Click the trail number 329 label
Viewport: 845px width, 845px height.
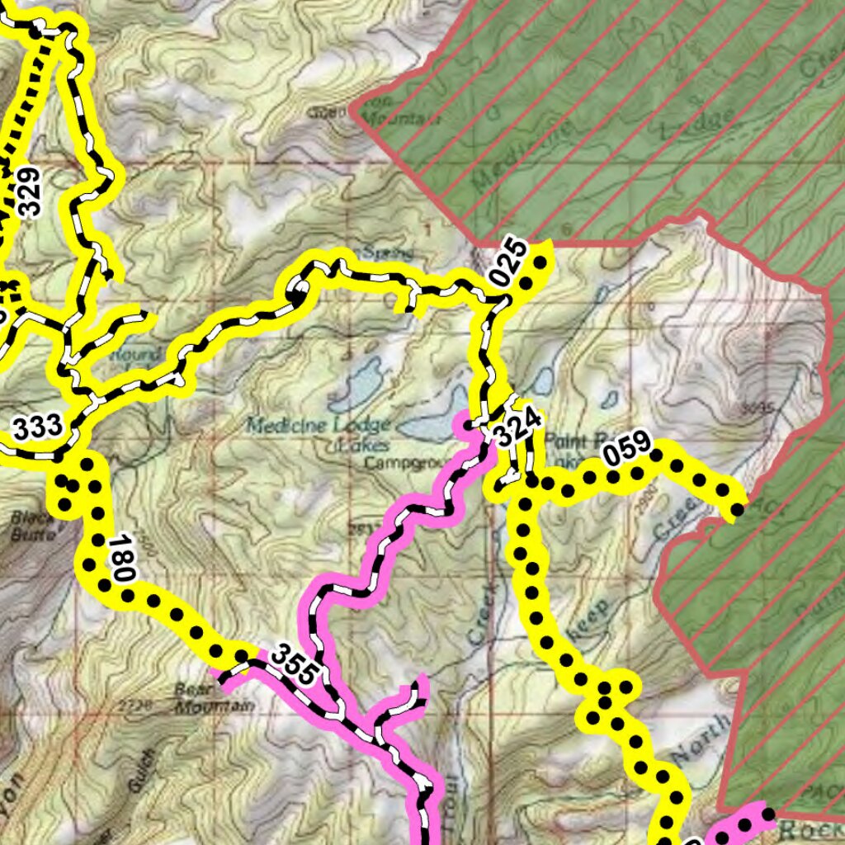tap(29, 191)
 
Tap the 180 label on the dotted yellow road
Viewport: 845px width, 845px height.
tap(120, 559)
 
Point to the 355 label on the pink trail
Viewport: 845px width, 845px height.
tap(294, 664)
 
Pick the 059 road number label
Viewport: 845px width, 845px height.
tap(626, 451)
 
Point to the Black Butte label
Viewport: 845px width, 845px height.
tap(33, 526)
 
